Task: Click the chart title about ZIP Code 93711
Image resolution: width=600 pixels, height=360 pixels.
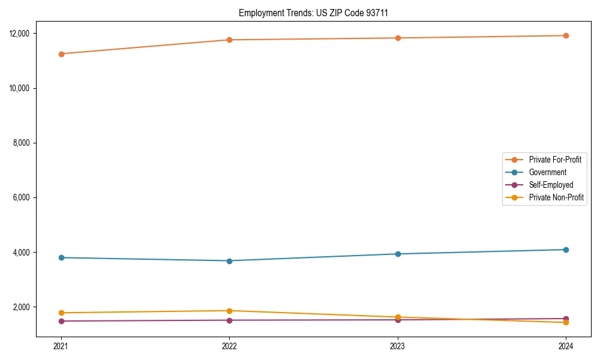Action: click(x=317, y=13)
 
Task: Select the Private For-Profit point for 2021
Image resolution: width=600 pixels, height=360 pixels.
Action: click(x=61, y=54)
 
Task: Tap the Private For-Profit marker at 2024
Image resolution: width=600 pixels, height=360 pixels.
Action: click(x=566, y=35)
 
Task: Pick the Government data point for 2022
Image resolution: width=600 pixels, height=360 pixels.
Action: click(x=229, y=261)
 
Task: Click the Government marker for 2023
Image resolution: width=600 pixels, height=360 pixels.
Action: click(x=398, y=254)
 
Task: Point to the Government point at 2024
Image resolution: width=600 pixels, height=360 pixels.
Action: click(x=566, y=250)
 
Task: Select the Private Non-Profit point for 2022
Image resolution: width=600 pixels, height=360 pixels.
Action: click(x=229, y=311)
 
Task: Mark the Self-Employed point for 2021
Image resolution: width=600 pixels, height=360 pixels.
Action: click(x=61, y=321)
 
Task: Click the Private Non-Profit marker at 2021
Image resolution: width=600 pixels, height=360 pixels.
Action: click(x=61, y=313)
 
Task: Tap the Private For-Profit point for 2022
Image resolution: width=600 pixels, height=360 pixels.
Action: click(x=229, y=40)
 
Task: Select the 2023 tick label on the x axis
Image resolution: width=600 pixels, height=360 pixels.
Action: click(x=398, y=346)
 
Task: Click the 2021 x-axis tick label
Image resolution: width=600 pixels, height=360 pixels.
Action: click(x=61, y=346)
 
